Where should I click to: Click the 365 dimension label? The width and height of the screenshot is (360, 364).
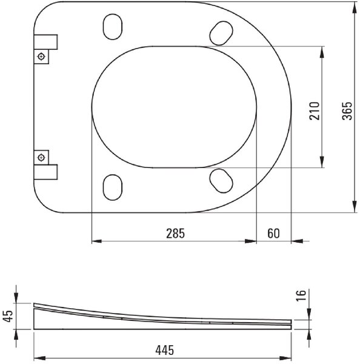click(347, 111)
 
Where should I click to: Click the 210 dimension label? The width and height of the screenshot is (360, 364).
click(315, 111)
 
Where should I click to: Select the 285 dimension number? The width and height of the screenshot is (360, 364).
click(175, 234)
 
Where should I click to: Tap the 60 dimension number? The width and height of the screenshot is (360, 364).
click(274, 234)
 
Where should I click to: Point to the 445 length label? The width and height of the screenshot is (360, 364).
click(164, 350)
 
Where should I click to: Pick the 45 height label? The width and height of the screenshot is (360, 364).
click(8, 316)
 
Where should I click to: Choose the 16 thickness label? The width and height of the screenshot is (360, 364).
click(301, 295)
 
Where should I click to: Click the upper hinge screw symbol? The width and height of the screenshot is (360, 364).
click(42, 56)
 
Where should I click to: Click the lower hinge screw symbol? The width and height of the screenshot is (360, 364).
click(42, 158)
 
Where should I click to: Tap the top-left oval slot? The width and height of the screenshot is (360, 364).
click(113, 27)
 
